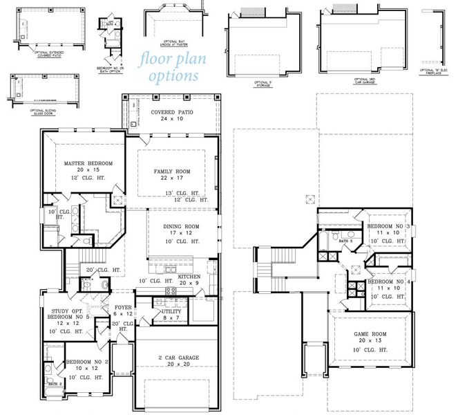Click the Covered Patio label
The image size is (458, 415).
171,111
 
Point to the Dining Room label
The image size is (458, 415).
181,226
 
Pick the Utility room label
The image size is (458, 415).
171,312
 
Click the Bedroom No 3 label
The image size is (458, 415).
388,226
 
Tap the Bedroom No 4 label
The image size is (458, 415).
388,282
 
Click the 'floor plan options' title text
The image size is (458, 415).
169,66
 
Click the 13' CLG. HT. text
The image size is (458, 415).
181,193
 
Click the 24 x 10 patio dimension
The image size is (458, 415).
171,119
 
